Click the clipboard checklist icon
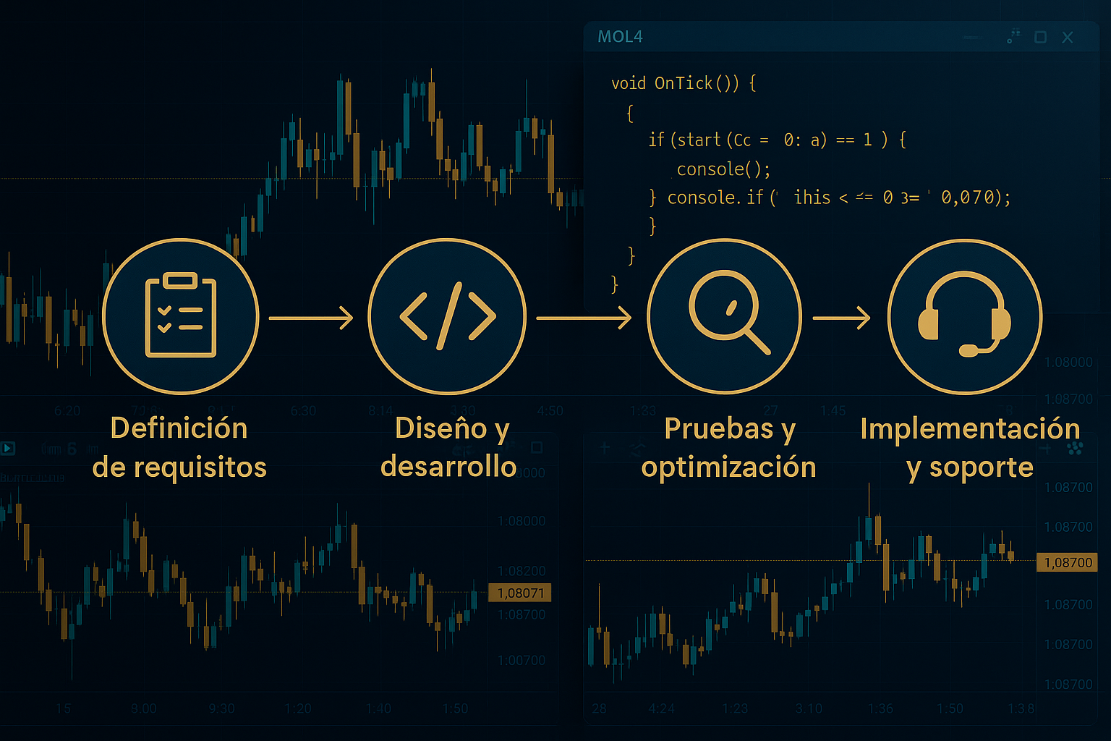pos(181,316)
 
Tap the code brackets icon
pos(448,316)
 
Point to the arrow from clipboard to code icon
pos(311,318)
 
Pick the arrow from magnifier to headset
pos(841,318)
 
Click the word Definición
pos(179,428)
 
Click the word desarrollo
pos(448,467)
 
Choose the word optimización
pos(728,467)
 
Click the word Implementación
pos(970,428)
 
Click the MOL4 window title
pos(620,37)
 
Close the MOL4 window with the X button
pos(1068,37)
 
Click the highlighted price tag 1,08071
pos(520,593)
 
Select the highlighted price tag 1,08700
pos(1068,562)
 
